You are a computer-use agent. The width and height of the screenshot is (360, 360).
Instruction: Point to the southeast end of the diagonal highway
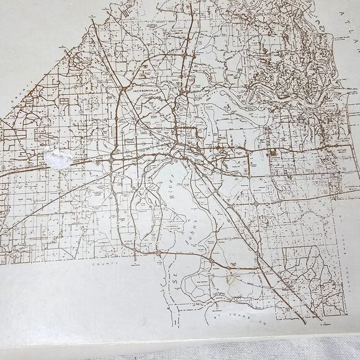pos(303,318)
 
